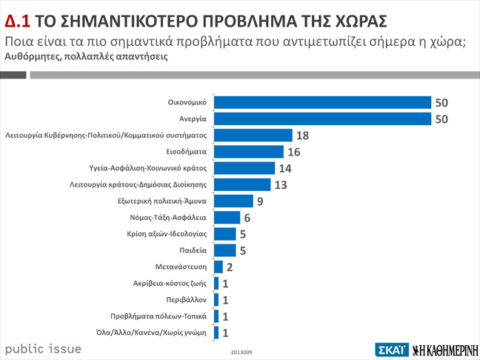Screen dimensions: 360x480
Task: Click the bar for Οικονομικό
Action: point(322,102)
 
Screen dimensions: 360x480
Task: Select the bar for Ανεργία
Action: point(322,119)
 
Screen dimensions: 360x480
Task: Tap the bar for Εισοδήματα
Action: point(248,152)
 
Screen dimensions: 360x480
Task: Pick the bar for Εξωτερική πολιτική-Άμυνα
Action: point(233,201)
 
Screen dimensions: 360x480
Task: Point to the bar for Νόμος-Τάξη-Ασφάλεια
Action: point(227,217)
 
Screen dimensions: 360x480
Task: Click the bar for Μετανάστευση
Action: point(218,267)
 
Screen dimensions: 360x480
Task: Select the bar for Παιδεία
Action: point(224,250)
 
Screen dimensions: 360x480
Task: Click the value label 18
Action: point(301,136)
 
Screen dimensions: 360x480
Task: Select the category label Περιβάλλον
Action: point(185,300)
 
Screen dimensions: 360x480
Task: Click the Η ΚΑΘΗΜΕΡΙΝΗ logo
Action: point(444,350)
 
